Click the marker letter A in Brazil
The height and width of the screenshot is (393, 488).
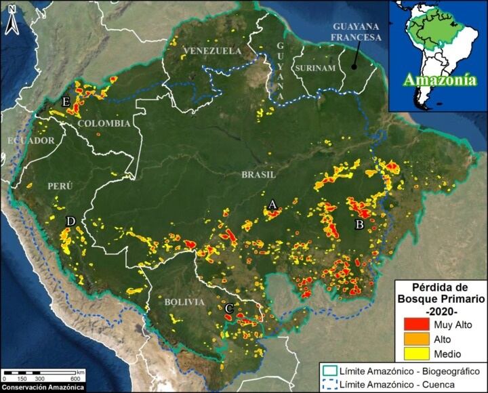(272, 203)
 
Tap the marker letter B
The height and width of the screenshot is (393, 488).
(360, 224)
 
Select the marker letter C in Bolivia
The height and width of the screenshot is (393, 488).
(229, 309)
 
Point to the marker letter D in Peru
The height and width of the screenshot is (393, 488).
(70, 222)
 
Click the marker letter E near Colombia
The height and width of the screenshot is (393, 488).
(66, 102)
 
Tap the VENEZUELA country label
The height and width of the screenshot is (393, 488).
(212, 51)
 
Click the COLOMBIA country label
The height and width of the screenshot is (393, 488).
(104, 123)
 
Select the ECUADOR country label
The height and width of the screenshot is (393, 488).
(30, 140)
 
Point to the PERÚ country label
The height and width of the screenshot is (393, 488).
(59, 185)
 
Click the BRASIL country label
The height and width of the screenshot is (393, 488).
(259, 174)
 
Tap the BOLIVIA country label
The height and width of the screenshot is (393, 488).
(184, 302)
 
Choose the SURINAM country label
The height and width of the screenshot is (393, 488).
(314, 68)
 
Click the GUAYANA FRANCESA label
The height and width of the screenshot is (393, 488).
(356, 32)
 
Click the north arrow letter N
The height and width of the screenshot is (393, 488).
(12, 28)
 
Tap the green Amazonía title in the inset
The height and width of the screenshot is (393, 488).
(436, 80)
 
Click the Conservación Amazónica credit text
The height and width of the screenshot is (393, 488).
(43, 388)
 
